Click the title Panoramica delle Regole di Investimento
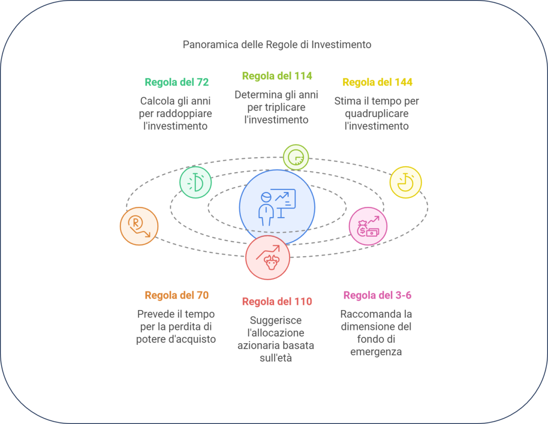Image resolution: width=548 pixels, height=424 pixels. [277, 45]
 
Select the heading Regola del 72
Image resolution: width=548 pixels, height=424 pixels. [177, 82]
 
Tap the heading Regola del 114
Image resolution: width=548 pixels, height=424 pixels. [277, 76]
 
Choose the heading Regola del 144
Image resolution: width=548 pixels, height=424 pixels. [377, 82]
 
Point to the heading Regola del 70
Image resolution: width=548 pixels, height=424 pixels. [177, 295]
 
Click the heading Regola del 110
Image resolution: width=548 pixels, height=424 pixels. [277, 302]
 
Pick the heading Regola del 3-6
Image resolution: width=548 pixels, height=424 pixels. [377, 295]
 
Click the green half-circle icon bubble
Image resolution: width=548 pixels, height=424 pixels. [195, 182]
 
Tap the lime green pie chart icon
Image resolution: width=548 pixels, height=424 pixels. [295, 157]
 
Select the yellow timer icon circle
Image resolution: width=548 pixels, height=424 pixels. [406, 182]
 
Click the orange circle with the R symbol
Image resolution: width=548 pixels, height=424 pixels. [139, 226]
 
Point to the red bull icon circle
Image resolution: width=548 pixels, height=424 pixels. [268, 257]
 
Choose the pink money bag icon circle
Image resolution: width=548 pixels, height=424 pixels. [368, 226]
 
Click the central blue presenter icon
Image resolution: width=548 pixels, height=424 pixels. [277, 207]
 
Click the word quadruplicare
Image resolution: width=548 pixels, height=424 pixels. [377, 113]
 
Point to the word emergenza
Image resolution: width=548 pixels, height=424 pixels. [376, 352]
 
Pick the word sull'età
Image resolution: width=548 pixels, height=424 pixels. [276, 358]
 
